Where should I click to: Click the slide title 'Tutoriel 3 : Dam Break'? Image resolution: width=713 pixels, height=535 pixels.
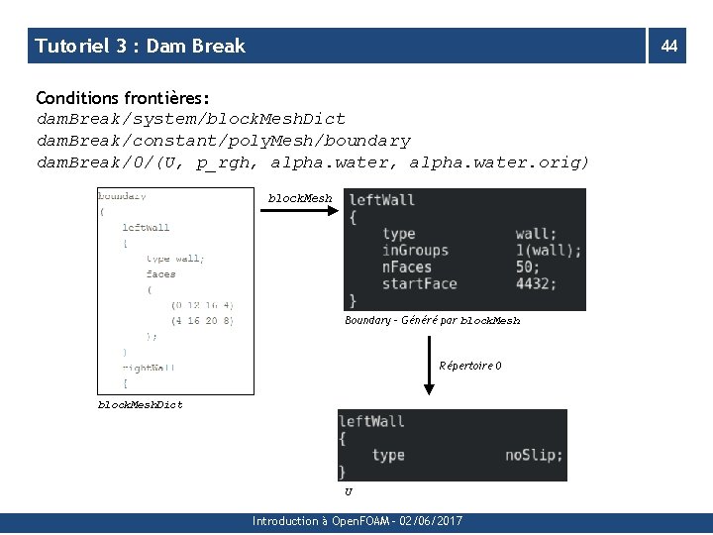(140, 46)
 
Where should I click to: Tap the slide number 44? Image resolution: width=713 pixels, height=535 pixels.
(669, 46)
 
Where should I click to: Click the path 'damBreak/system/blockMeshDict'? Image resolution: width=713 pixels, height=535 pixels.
(190, 119)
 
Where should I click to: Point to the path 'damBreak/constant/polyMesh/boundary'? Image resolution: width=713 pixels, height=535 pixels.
(223, 141)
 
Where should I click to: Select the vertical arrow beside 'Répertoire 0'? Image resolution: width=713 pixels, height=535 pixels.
(429, 366)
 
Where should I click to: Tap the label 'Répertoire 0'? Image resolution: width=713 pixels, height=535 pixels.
(469, 367)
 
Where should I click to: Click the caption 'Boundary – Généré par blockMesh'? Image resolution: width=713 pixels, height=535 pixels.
(432, 321)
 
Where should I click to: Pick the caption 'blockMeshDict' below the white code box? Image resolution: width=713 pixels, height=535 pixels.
(140, 404)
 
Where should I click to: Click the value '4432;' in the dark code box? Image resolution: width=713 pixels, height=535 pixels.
(536, 283)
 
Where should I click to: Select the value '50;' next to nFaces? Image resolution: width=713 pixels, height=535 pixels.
(528, 267)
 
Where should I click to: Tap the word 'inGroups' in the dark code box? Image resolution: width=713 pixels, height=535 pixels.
(415, 251)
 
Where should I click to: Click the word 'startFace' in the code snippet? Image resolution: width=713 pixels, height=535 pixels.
(419, 283)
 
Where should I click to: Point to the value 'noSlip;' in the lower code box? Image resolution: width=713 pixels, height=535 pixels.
(534, 455)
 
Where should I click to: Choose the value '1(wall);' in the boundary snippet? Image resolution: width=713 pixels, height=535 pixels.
(549, 251)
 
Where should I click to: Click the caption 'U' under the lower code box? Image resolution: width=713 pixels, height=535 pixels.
(348, 490)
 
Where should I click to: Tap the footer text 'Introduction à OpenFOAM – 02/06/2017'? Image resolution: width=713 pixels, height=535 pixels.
(356, 521)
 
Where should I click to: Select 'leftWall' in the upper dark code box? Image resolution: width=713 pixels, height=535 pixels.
(381, 200)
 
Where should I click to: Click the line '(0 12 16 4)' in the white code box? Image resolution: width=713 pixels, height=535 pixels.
(202, 305)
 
